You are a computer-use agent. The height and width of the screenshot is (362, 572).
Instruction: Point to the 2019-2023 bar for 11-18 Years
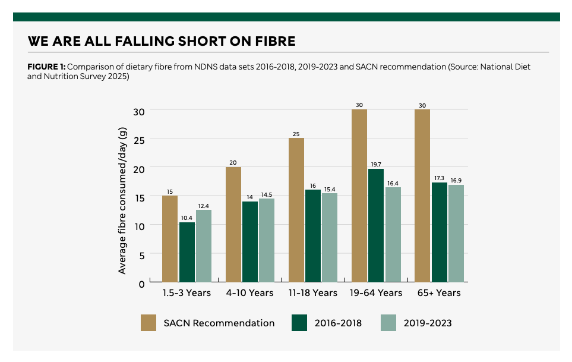[x=330, y=237]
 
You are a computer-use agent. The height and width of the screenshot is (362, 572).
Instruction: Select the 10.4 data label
[x=187, y=217]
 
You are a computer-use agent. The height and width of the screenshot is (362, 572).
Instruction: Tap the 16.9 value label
[x=456, y=180]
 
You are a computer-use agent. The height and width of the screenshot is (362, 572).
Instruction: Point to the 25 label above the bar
[x=296, y=133]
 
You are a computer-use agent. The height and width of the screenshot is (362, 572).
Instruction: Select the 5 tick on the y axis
[x=141, y=254]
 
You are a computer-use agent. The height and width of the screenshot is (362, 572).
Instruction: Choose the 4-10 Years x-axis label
[x=249, y=293]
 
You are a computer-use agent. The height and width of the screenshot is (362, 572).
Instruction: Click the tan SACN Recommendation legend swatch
[x=148, y=323]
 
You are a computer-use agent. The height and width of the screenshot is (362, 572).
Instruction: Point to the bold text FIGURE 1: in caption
[x=47, y=67]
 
